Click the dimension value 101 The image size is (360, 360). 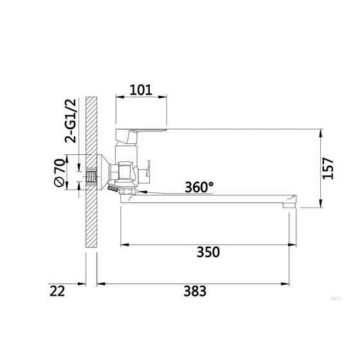[x=141, y=89]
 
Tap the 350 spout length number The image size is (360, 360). [x=208, y=252]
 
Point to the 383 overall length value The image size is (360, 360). [x=194, y=291]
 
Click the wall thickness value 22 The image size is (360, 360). [x=57, y=291]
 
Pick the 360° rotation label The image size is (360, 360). [x=199, y=187]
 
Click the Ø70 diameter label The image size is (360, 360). [x=59, y=174]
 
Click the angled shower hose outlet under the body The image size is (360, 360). [x=114, y=190]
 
